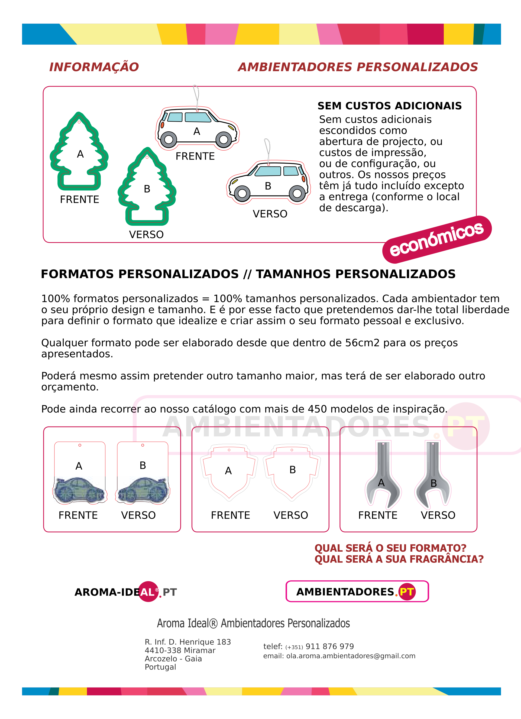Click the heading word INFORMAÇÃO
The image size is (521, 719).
click(94, 67)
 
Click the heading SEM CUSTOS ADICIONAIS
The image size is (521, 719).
click(389, 106)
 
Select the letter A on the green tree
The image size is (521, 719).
click(80, 154)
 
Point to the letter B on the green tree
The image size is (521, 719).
click(147, 189)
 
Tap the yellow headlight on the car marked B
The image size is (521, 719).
click(235, 181)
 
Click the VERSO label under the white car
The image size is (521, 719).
click(270, 214)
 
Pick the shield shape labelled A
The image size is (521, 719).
click(229, 472)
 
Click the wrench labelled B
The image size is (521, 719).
click(433, 476)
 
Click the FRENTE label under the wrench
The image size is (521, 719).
click(378, 515)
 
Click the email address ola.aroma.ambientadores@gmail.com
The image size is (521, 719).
click(351, 656)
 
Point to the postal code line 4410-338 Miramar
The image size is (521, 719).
click(180, 650)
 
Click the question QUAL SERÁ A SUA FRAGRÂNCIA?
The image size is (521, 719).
click(399, 559)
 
